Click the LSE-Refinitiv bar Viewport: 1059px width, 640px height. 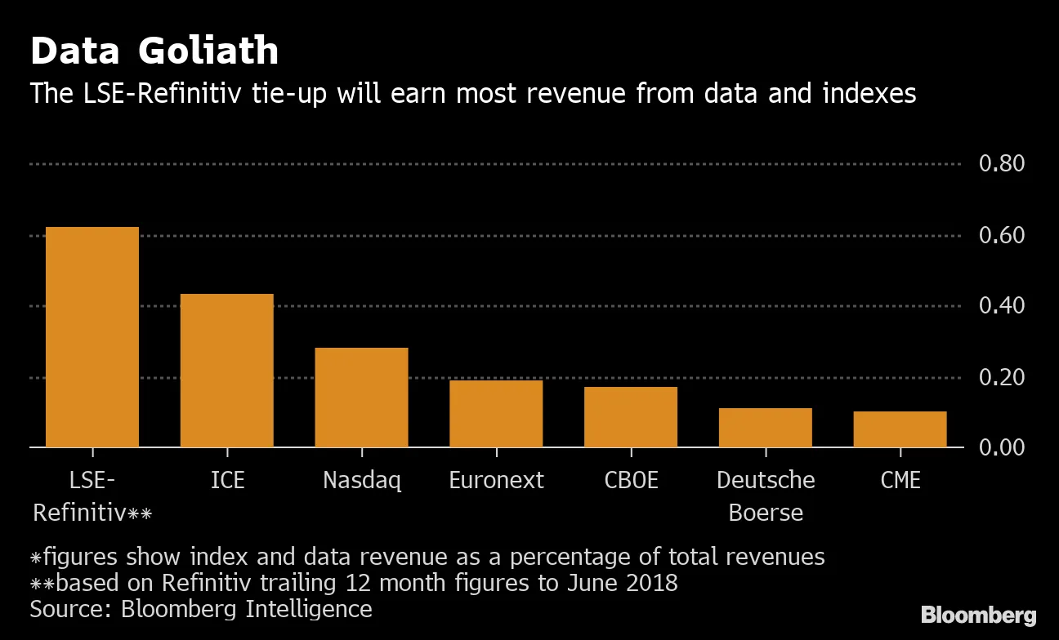click(92, 337)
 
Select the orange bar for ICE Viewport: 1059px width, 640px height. click(226, 371)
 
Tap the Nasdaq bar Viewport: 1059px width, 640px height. click(361, 398)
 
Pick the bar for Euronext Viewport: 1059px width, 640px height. click(496, 414)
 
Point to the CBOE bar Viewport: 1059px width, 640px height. click(631, 417)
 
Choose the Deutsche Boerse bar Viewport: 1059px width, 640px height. click(766, 428)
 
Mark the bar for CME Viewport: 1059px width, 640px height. click(900, 429)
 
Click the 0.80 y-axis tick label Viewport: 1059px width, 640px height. click(1002, 164)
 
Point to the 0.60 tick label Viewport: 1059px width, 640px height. click(1002, 236)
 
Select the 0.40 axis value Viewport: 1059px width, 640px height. click(1002, 306)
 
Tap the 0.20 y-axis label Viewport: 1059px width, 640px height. click(1002, 377)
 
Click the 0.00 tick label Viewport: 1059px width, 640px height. click(1002, 447)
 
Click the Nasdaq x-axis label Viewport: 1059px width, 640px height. click(362, 480)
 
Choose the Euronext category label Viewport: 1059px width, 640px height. click(496, 480)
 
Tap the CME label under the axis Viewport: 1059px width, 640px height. click(900, 480)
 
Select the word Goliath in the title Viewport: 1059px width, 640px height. click(208, 52)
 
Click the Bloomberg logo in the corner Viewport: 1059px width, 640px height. click(978, 616)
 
